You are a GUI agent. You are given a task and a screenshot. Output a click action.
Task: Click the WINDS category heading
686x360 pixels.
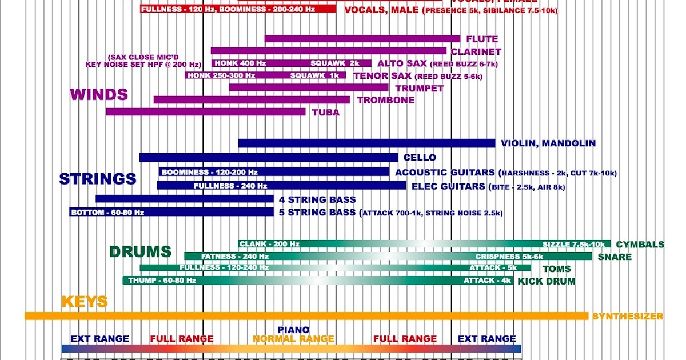[98, 95]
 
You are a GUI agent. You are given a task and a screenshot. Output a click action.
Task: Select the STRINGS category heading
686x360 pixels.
[98, 179]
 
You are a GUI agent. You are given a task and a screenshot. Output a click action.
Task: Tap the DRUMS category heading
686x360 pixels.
[140, 251]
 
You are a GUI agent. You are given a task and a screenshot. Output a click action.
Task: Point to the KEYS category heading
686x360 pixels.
[85, 302]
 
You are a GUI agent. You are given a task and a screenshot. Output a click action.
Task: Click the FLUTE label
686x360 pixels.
[482, 39]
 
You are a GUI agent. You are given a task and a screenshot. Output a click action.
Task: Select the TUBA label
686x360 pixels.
[325, 113]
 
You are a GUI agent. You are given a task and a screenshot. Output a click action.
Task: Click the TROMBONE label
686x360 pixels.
[386, 100]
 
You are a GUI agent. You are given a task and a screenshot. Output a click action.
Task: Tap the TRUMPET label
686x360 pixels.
[419, 88]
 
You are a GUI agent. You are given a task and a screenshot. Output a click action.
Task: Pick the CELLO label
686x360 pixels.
[419, 158]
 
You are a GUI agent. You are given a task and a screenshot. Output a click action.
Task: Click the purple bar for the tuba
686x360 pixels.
[206, 112]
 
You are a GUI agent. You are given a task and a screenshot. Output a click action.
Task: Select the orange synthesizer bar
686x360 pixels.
[306, 316]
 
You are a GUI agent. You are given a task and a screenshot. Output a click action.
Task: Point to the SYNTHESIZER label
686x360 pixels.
[628, 316]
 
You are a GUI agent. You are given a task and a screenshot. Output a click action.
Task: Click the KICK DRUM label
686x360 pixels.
[546, 281]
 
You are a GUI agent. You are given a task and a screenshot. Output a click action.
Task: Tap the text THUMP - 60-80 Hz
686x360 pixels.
[162, 281]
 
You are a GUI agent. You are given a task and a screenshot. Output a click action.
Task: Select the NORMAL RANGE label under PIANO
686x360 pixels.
[293, 339]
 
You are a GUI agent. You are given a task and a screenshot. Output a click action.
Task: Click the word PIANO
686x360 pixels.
[293, 330]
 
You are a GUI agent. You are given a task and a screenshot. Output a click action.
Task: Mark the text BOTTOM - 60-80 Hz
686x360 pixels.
[107, 213]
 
